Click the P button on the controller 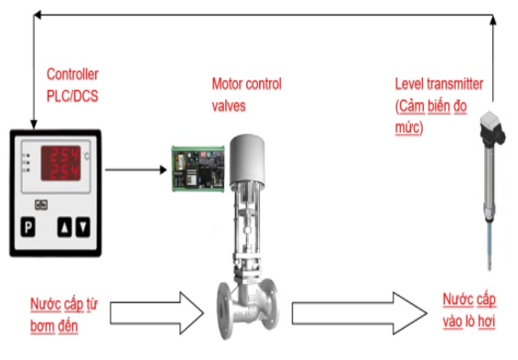pyautogui.click(x=28, y=227)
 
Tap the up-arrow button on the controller pyautogui.click(x=64, y=227)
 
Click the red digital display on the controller pyautogui.click(x=60, y=163)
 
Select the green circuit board pyautogui.click(x=198, y=169)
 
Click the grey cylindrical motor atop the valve pyautogui.click(x=247, y=158)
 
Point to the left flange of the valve pyautogui.click(x=224, y=311)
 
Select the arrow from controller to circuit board pyautogui.click(x=135, y=169)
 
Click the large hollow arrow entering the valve pyautogui.click(x=156, y=312)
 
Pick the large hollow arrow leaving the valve pyautogui.click(x=360, y=312)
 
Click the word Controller pyautogui.click(x=72, y=74)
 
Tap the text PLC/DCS pyautogui.click(x=72, y=96)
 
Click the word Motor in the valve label pyautogui.click(x=226, y=84)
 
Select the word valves pyautogui.click(x=229, y=106)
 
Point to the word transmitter pyautogui.click(x=455, y=84)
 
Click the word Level pyautogui.click(x=409, y=84)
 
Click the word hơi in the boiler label pyautogui.click(x=486, y=322)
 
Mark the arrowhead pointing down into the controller pyautogui.click(x=34, y=125)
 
